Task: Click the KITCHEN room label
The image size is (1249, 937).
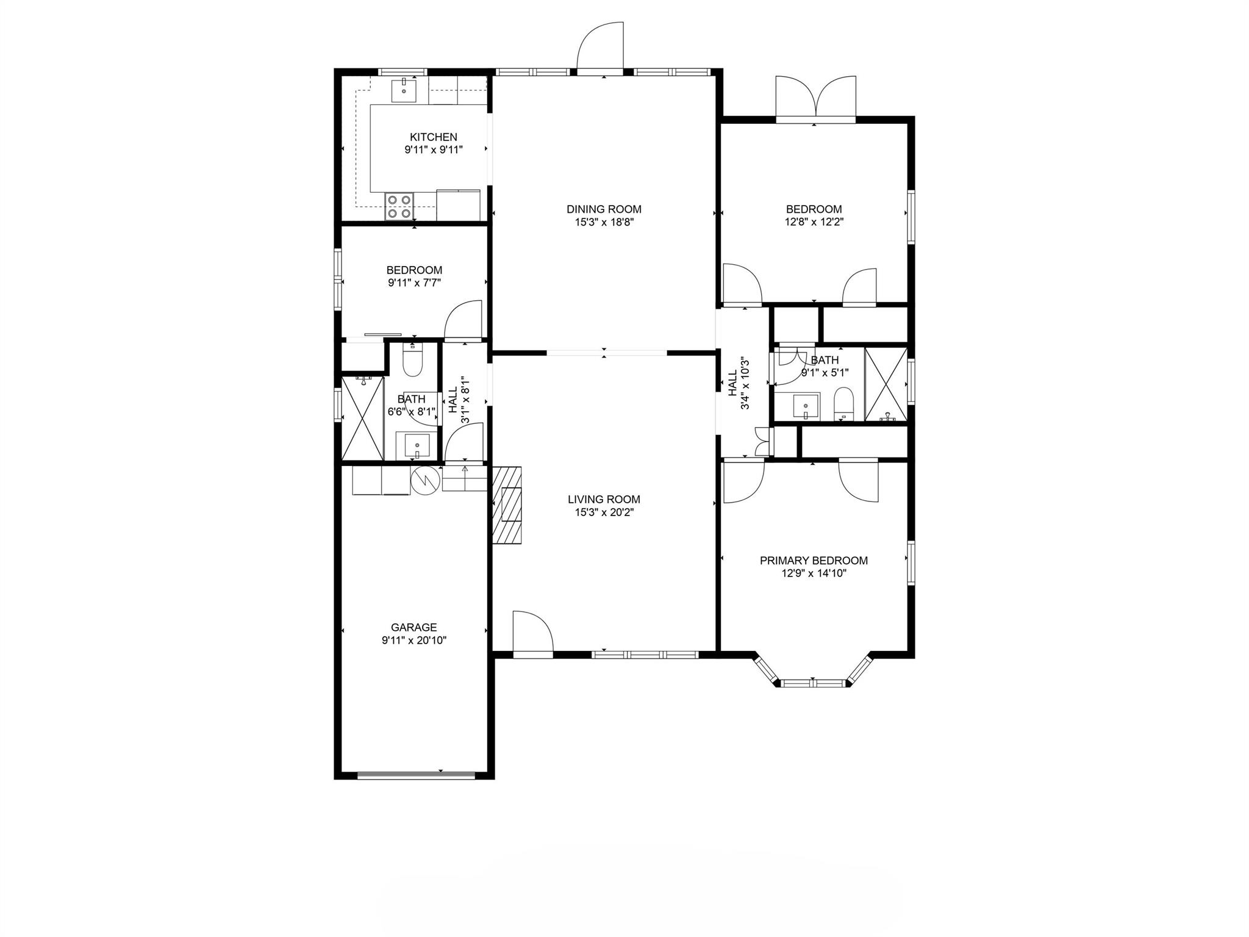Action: [433, 137]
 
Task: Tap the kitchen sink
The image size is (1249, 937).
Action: [404, 90]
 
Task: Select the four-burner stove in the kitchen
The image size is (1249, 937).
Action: [399, 206]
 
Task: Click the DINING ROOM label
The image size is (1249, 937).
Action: [604, 209]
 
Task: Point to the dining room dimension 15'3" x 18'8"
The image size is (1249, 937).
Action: [604, 223]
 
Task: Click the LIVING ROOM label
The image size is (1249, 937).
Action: [604, 500]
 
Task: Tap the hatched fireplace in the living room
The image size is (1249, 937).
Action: [507, 504]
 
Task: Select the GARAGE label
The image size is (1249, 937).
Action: [414, 627]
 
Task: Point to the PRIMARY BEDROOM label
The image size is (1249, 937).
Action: [814, 561]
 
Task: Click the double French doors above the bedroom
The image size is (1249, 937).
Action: [815, 98]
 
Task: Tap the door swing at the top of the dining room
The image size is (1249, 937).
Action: [601, 48]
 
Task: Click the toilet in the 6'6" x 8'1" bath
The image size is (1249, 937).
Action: [413, 361]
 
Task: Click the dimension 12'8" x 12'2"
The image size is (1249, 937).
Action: [814, 223]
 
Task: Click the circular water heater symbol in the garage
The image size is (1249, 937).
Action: [425, 481]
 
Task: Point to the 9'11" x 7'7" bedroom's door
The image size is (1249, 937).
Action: [464, 320]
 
